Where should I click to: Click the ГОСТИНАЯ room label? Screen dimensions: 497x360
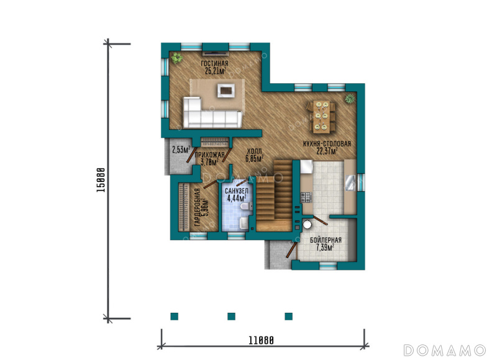click(x=214, y=64)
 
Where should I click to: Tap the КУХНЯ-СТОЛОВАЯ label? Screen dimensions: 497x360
click(x=327, y=144)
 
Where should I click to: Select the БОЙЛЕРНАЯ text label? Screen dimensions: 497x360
click(x=326, y=240)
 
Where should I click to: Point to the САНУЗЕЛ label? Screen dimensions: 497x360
click(x=237, y=191)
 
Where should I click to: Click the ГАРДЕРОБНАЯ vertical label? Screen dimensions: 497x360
click(x=198, y=207)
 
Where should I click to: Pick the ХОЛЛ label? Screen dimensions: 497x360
click(x=254, y=151)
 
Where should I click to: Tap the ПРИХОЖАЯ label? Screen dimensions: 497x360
click(x=209, y=155)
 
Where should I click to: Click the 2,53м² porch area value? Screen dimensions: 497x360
click(x=181, y=150)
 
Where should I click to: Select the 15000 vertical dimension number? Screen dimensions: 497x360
click(x=101, y=180)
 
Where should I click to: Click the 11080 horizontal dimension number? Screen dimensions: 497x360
click(x=261, y=340)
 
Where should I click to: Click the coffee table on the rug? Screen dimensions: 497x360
click(x=226, y=90)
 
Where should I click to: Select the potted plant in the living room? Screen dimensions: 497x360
click(x=176, y=58)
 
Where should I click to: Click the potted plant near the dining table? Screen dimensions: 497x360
click(x=350, y=99)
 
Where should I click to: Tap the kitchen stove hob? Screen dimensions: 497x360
click(x=306, y=197)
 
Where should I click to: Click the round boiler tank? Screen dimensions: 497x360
click(x=307, y=224)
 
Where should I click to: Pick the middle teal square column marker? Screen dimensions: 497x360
click(x=231, y=317)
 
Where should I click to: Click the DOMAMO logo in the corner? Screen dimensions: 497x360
click(x=444, y=350)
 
